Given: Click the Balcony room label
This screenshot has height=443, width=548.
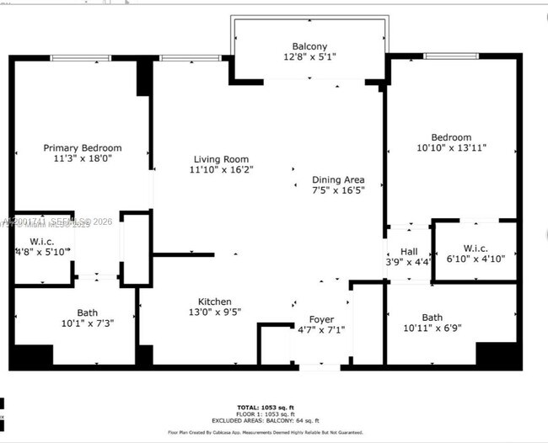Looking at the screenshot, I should pyautogui.click(x=309, y=46).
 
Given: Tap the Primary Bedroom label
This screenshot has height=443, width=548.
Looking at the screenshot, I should pyautogui.click(x=83, y=148).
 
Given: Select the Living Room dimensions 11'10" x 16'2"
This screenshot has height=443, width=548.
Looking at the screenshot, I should pyautogui.click(x=222, y=169).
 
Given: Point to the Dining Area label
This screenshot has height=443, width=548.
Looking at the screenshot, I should pyautogui.click(x=337, y=179).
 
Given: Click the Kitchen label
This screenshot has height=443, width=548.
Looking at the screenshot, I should pyautogui.click(x=215, y=302).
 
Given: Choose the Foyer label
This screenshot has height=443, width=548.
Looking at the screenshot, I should pyautogui.click(x=321, y=319).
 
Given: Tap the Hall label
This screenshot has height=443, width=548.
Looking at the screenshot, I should pyautogui.click(x=409, y=251).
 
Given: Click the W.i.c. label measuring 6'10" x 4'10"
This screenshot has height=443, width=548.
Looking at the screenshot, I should pyautogui.click(x=475, y=247).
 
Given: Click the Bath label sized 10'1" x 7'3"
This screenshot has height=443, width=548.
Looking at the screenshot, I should pyautogui.click(x=88, y=312).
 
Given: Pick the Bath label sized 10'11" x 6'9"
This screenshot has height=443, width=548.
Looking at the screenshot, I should pyautogui.click(x=432, y=318).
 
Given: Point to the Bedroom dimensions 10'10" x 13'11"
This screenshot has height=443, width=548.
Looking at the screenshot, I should pyautogui.click(x=452, y=147).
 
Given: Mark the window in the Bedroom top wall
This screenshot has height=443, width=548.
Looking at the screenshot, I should pyautogui.click(x=453, y=56).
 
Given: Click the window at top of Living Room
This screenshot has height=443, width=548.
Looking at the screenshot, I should pyautogui.click(x=184, y=58).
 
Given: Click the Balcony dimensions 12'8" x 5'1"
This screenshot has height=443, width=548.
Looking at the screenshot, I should pyautogui.click(x=309, y=58).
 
